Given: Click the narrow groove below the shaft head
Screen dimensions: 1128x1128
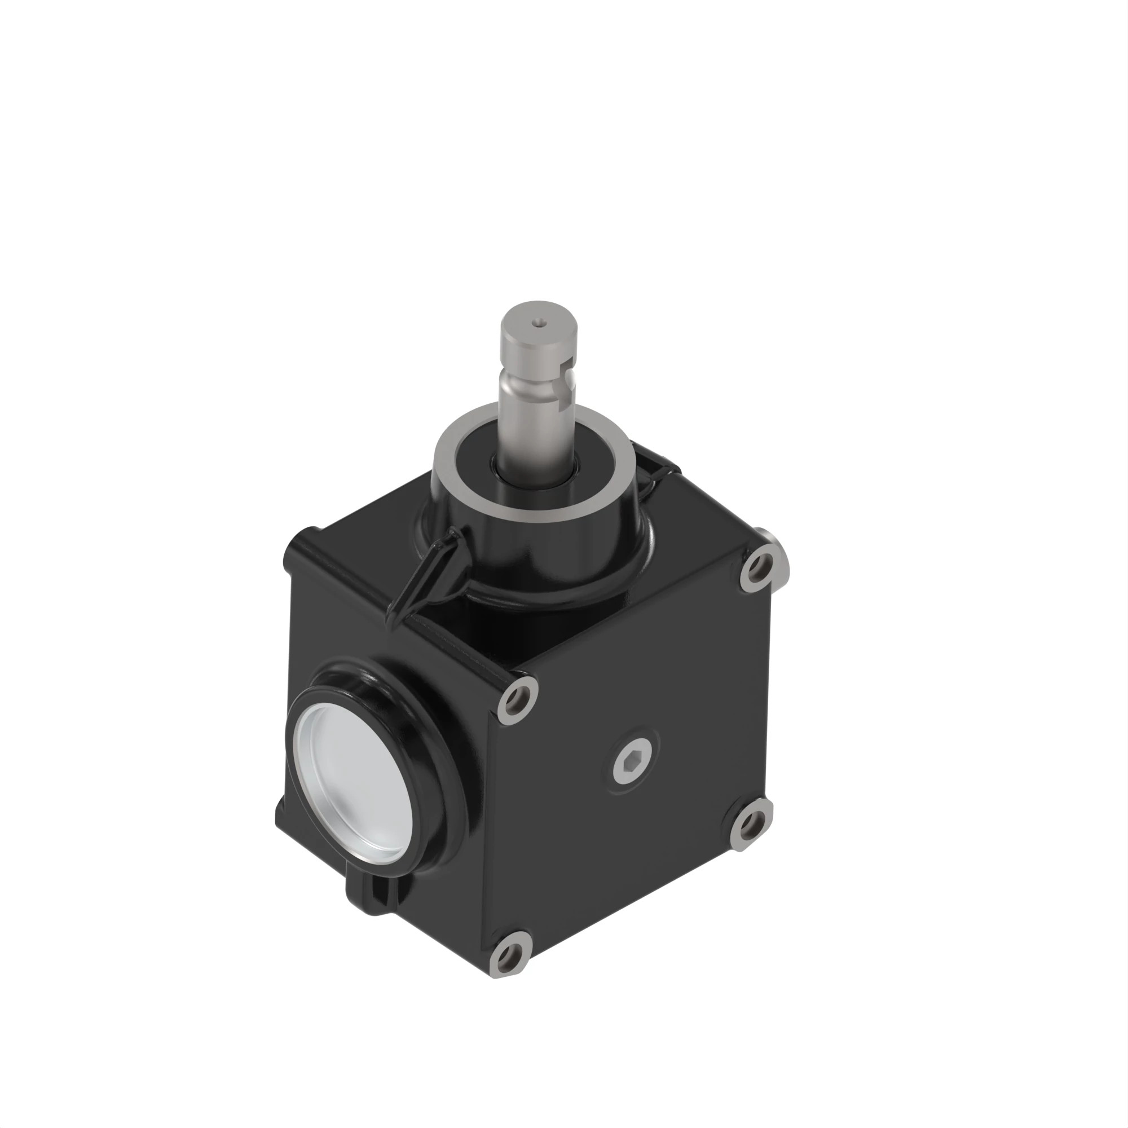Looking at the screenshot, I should point(528,385).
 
